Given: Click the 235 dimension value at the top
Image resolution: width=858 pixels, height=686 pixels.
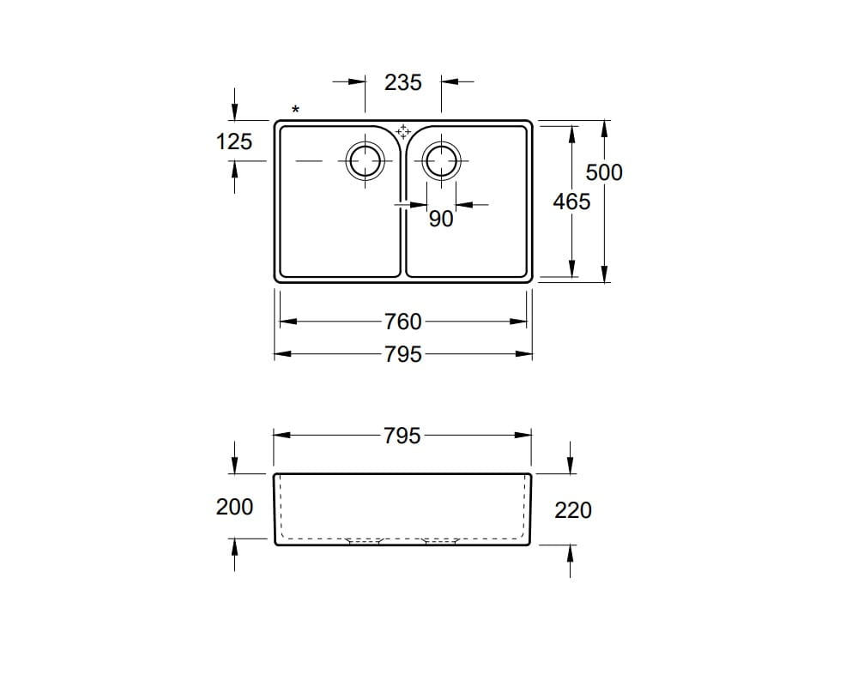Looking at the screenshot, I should coord(403,82).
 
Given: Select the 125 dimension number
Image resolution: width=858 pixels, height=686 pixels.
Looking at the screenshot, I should coord(234,141).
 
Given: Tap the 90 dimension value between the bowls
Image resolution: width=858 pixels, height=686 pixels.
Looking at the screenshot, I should coord(440,219).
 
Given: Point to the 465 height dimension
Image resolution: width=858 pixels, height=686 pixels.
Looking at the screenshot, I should coord(572,202).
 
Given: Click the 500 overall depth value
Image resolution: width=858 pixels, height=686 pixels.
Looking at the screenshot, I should coord(604,172).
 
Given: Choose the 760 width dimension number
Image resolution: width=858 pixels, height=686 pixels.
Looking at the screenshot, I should coord(403,322).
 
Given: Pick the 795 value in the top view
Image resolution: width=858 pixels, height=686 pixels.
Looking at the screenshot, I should coord(403,353).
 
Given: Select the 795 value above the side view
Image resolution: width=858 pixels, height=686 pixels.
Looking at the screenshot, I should coord(403,436).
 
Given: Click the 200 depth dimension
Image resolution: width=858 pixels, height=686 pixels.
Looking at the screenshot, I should coord(234,507).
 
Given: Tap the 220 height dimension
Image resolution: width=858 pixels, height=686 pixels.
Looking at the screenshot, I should coord(573,510).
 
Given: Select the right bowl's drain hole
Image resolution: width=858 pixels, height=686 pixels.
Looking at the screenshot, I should coord(441,160).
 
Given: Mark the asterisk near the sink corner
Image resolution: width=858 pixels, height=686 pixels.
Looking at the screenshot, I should coord(296,110).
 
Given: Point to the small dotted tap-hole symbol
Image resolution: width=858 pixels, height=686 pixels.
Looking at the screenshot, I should coord(403,131).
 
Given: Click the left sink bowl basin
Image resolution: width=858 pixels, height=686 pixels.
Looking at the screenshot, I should coord(335,223).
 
